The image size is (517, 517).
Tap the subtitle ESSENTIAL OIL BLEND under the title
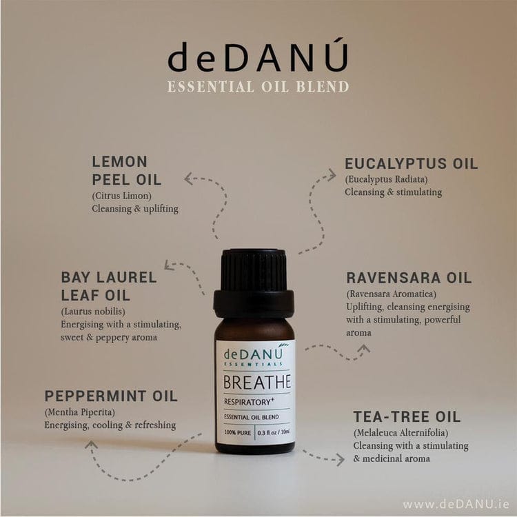tap(258, 87)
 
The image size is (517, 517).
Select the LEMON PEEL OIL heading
tap(127, 171)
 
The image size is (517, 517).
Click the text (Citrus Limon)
tap(121, 196)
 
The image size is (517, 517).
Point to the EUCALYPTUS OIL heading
tap(411, 163)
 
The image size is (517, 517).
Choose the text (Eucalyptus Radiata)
tap(386, 179)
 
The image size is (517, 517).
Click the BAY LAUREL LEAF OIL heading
tap(109, 286)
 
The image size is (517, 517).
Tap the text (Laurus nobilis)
tap(93, 312)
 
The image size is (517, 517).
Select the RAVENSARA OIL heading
tap(409, 278)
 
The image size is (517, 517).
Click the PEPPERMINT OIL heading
tap(111, 396)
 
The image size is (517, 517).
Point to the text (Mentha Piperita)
tap(80, 412)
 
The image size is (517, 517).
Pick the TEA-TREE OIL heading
tap(407, 417)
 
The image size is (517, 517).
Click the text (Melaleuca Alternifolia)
tap(401, 433)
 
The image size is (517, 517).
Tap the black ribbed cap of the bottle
tap(254, 283)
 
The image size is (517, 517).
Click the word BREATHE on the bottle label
tap(257, 382)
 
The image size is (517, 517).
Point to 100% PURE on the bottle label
tap(237, 432)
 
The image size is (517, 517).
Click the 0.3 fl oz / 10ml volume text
tap(274, 432)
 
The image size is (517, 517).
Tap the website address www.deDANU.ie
tap(456, 504)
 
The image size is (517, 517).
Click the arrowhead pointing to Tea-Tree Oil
tap(341, 459)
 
